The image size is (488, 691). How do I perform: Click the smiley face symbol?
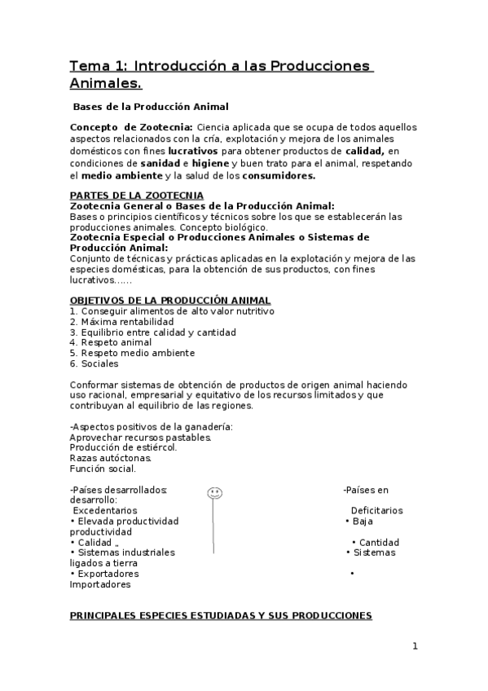(214, 493)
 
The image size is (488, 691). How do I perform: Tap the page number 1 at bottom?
(415, 646)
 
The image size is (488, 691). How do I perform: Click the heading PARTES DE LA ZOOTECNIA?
(137, 196)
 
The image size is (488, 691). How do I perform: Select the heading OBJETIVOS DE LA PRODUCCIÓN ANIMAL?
(169, 301)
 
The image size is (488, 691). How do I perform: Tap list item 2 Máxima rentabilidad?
(121, 322)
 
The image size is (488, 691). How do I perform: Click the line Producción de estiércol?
(122, 447)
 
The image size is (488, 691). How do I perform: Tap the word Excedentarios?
(105, 511)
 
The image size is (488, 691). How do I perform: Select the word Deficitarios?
(376, 511)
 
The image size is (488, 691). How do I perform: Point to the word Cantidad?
(379, 542)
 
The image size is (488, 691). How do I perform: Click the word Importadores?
(99, 584)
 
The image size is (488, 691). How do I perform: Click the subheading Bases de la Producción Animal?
(151, 106)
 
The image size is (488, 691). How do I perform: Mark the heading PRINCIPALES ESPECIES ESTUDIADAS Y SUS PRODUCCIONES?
(220, 616)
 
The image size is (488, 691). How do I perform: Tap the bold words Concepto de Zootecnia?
(131, 127)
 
